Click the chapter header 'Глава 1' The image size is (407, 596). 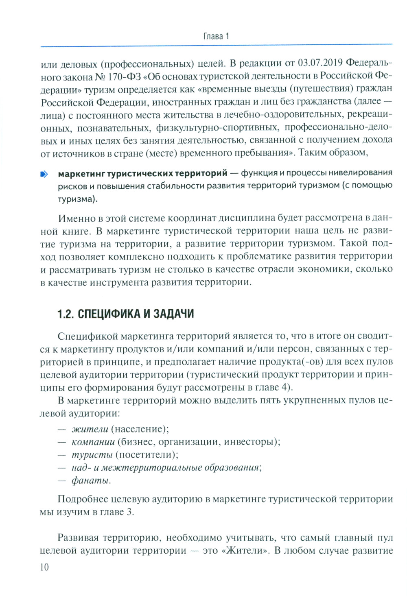click(216, 36)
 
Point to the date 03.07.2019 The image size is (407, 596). click(321, 63)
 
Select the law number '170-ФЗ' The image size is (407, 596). click(120, 76)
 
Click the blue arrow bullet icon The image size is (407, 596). click(44, 175)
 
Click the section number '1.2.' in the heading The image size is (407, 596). click(66, 314)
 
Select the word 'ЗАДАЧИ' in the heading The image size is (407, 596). click(171, 314)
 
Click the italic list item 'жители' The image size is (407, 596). click(90, 429)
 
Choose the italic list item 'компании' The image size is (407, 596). click(93, 442)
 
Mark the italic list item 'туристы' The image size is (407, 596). click(92, 454)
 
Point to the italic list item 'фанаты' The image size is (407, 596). click(91, 480)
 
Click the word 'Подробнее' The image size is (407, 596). click(83, 499)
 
